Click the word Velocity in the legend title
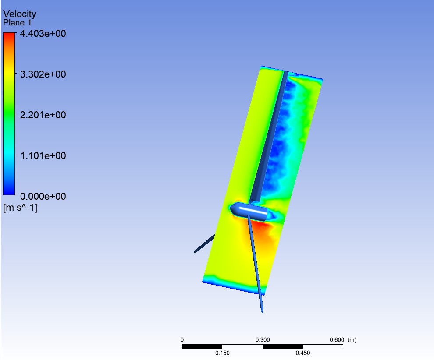coord(20,14)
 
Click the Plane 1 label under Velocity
coord(17,23)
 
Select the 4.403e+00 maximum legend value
coord(43,34)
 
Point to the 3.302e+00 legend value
coord(43,74)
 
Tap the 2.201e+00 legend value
coord(43,115)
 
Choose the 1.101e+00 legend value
coord(43,155)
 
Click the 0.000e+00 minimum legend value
coord(43,196)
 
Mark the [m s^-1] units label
coord(20,208)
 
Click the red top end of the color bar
coord(9,35)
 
